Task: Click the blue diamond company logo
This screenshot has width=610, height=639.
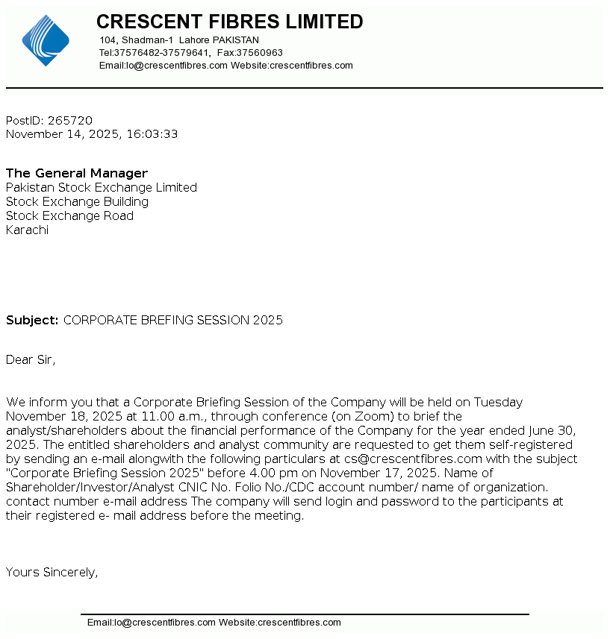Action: [x=46, y=40]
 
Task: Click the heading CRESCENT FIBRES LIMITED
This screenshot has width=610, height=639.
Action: [x=229, y=22]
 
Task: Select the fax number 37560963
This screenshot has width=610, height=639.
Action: [x=261, y=53]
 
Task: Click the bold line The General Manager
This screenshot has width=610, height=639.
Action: [x=77, y=173]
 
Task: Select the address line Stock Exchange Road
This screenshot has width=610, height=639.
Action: [x=69, y=215]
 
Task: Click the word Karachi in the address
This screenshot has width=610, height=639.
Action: [x=27, y=230]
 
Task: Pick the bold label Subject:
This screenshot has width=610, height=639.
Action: [x=32, y=320]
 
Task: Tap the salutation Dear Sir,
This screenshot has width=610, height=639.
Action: [x=31, y=359]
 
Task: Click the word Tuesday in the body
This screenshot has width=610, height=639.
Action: [x=498, y=402]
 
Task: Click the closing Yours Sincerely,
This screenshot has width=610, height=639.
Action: [x=52, y=572]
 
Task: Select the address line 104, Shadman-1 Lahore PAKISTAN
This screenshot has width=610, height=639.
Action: [x=179, y=40]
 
